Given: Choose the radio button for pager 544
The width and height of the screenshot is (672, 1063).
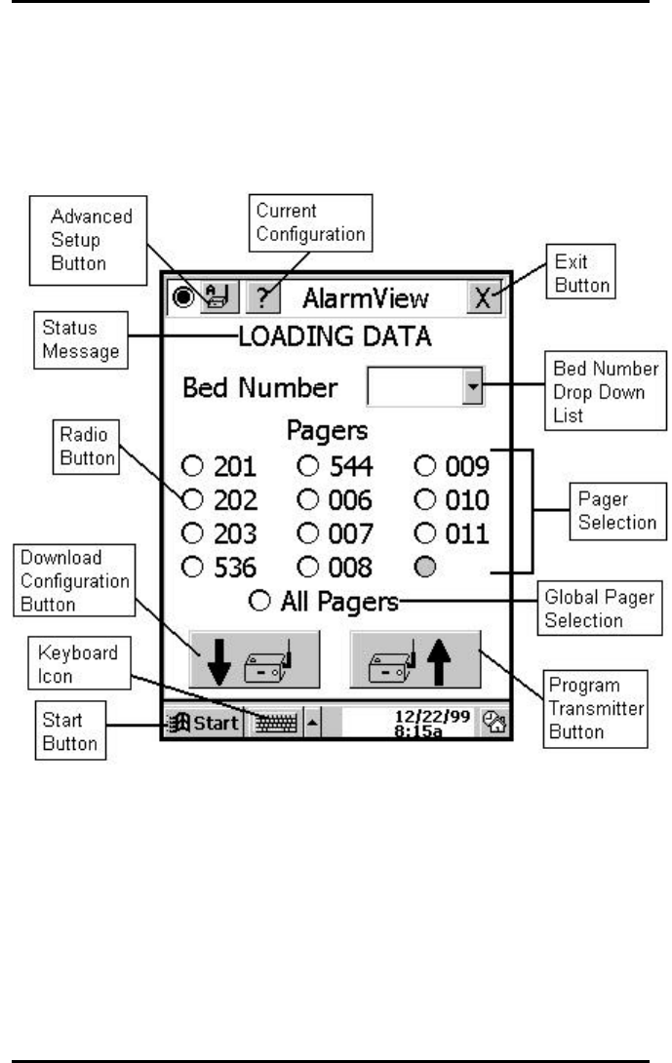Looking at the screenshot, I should point(307,466).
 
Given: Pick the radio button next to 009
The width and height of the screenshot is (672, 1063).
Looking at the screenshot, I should point(424,466).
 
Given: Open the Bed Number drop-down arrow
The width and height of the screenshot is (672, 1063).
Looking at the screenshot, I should point(473,388).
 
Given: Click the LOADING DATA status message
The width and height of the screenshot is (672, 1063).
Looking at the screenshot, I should point(335,338).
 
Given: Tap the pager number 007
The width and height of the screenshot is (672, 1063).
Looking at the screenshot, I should point(348,533).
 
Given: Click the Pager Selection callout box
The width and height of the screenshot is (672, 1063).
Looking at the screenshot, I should point(615,510).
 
